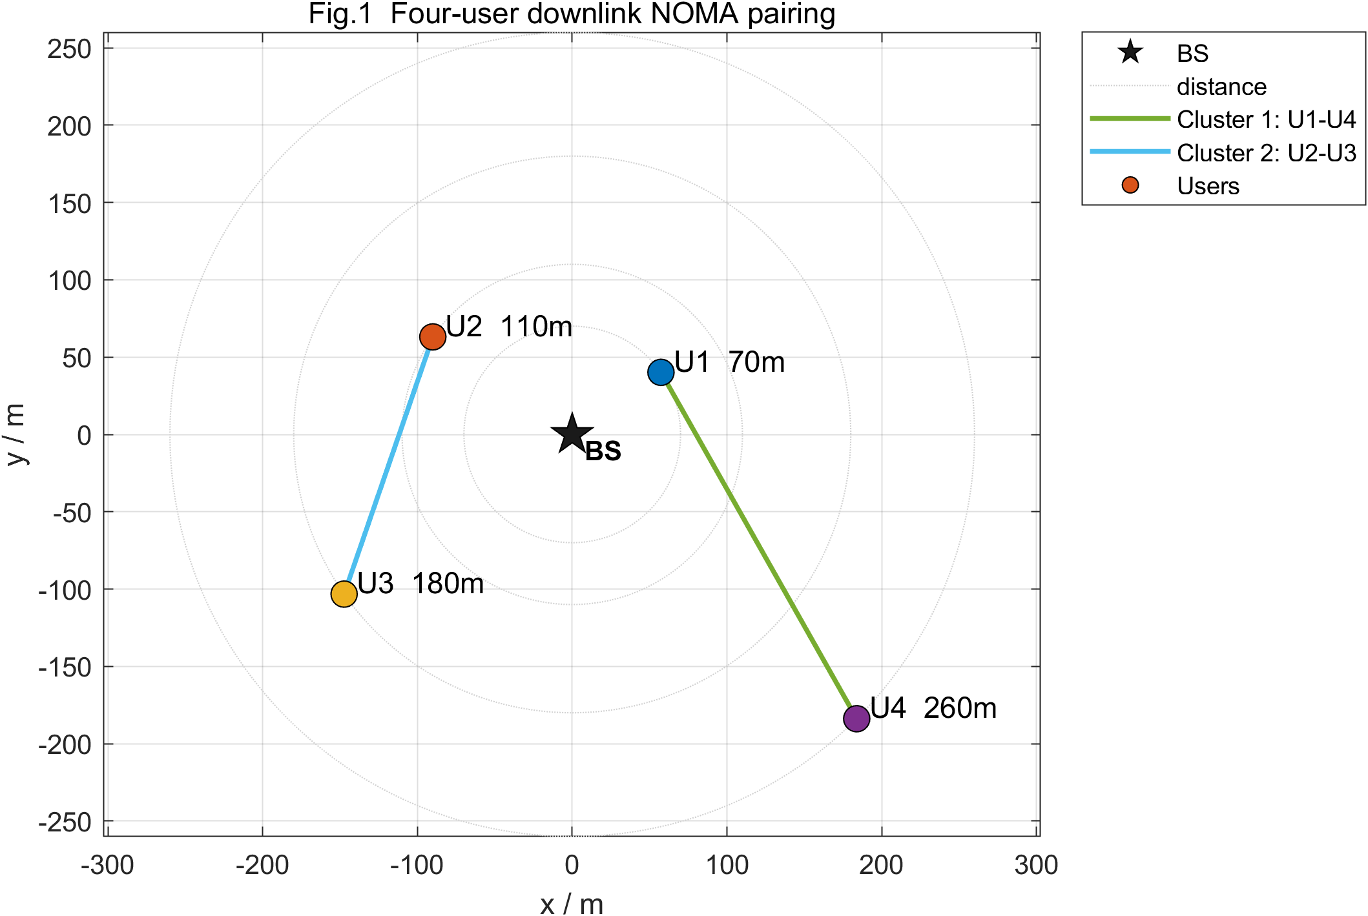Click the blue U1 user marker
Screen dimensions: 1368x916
tap(661, 372)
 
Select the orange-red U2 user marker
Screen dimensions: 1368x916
tap(433, 336)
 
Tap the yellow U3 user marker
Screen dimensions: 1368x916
tap(344, 594)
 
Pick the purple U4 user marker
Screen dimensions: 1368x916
tap(856, 718)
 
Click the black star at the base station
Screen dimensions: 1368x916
tap(572, 433)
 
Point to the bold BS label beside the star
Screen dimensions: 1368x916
tap(603, 451)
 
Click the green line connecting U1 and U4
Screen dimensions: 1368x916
tap(759, 545)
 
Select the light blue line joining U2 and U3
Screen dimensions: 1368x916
tap(388, 465)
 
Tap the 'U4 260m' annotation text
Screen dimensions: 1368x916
tap(933, 708)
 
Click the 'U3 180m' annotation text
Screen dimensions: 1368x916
tap(420, 584)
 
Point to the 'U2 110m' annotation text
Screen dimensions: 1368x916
tap(509, 327)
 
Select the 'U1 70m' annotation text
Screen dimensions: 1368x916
tap(730, 362)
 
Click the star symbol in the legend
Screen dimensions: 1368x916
tap(1130, 52)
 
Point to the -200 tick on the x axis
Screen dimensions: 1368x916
tap(262, 865)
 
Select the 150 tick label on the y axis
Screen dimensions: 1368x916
tap(70, 204)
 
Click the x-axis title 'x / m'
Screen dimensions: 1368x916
tap(572, 904)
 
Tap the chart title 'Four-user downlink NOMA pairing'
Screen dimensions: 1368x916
tap(612, 14)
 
